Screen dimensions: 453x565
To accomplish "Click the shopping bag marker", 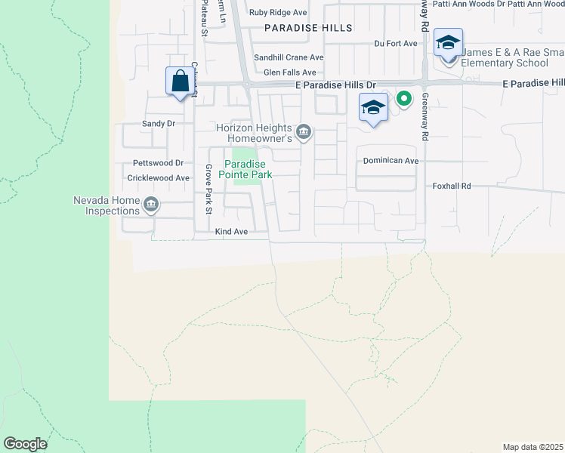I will click(x=180, y=81).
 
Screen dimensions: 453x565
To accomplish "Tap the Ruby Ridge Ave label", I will click(x=279, y=12).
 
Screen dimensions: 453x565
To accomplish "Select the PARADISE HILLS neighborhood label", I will click(x=308, y=28).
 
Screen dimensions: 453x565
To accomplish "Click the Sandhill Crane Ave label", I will click(x=289, y=57).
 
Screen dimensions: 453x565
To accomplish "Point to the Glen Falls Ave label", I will click(x=289, y=72).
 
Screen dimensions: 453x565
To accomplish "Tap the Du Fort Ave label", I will click(x=396, y=44).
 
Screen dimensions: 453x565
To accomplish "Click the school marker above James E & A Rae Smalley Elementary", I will click(x=449, y=43).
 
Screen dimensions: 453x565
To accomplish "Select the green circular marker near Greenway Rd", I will click(x=404, y=98).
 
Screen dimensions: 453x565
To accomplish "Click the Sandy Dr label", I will click(x=159, y=123).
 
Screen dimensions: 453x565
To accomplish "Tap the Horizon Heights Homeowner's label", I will click(x=254, y=133).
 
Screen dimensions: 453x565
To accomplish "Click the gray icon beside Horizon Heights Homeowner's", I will click(x=304, y=133).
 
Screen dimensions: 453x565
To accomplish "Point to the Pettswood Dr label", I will click(x=158, y=162).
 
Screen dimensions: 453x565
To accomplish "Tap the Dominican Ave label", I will click(x=391, y=161).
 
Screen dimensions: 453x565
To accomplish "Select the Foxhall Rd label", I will click(x=452, y=186).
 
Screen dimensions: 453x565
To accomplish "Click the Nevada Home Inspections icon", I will click(x=150, y=205).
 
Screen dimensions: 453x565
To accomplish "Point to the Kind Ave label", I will click(x=231, y=232).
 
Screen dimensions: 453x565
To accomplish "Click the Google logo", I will click(x=25, y=444).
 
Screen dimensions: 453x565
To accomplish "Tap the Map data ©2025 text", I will click(x=533, y=447).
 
